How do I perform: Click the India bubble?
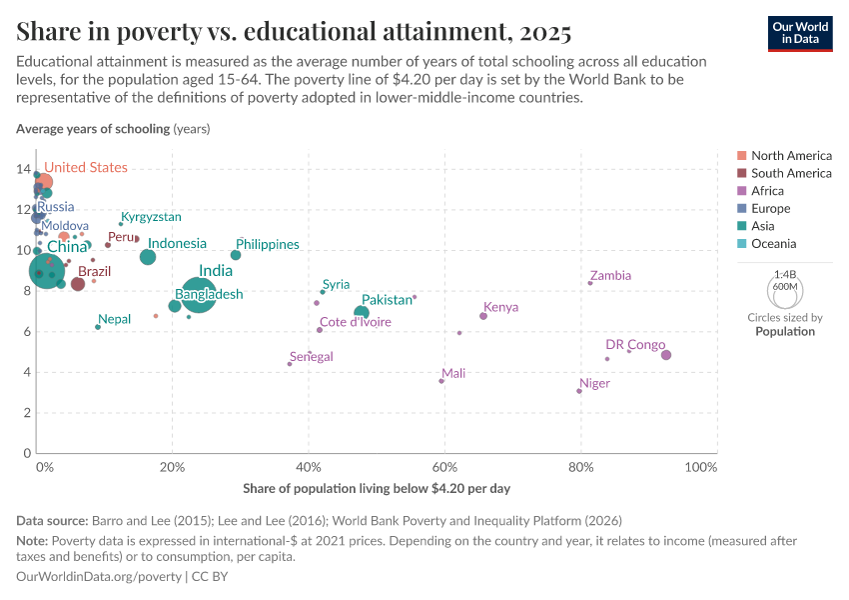[x=200, y=296]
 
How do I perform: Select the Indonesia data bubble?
[x=148, y=257]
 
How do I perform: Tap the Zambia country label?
[x=610, y=276]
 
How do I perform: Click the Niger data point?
[x=579, y=391]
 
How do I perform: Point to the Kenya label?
[x=500, y=307]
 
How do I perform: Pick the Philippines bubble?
[x=236, y=255]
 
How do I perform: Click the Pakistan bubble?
[x=362, y=313]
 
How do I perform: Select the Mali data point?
[x=441, y=381]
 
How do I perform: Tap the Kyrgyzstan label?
[x=151, y=217]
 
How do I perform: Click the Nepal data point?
[x=98, y=327]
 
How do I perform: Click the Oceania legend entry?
[x=773, y=244]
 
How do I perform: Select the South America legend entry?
[x=790, y=173]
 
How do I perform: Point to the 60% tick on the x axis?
[x=444, y=468]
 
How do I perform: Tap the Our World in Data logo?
[x=800, y=32]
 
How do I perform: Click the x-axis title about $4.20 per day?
[x=377, y=489]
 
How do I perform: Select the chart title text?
[x=294, y=32]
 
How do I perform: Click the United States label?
[x=86, y=168]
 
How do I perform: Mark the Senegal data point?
[x=290, y=364]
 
